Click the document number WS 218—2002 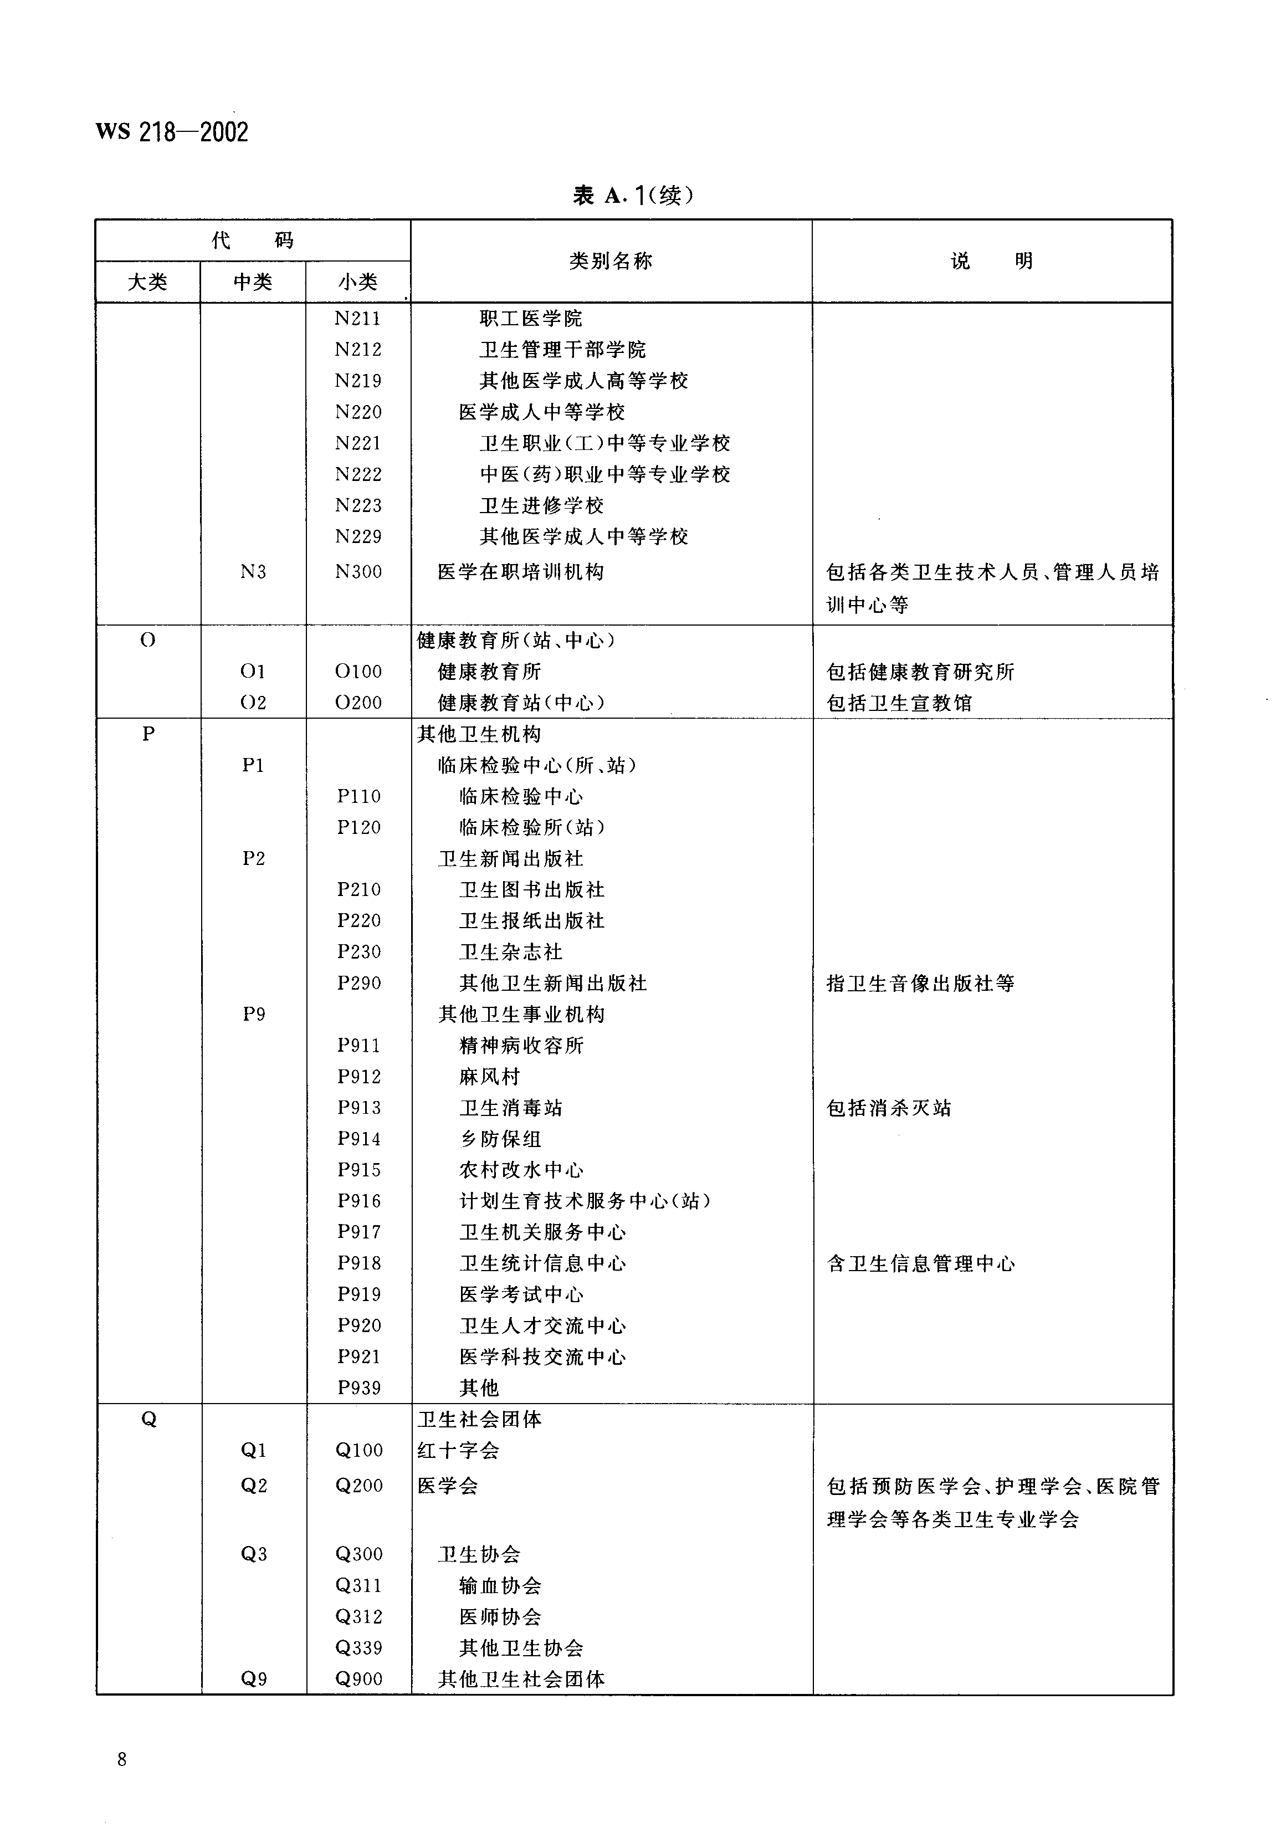click(x=172, y=132)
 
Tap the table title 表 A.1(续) click(x=633, y=195)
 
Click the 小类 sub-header click(x=357, y=281)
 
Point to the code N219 click(x=357, y=381)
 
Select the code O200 click(x=358, y=703)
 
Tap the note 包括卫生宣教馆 click(x=899, y=703)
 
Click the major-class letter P click(x=148, y=734)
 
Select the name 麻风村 click(x=490, y=1077)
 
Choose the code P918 click(x=358, y=1263)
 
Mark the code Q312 click(x=358, y=1616)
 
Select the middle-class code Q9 click(x=254, y=1679)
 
